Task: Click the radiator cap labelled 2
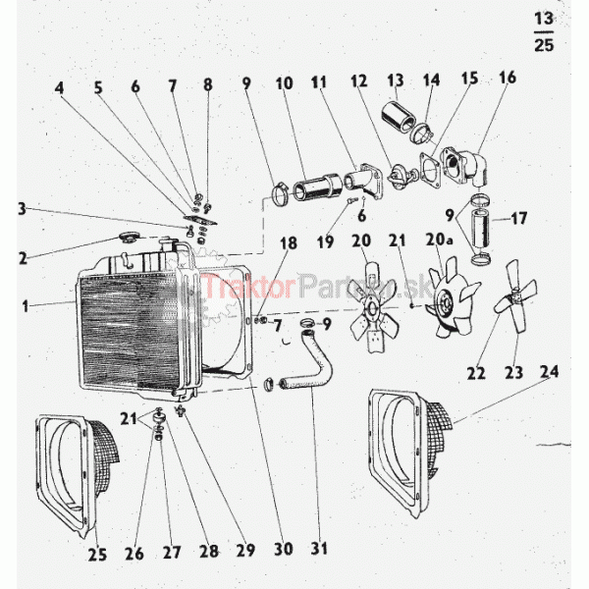click(128, 237)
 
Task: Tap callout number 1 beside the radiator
click(26, 306)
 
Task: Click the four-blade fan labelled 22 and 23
click(515, 296)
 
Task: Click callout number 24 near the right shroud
click(549, 371)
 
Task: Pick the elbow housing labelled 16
click(466, 166)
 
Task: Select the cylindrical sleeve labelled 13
click(399, 116)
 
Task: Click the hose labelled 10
click(317, 187)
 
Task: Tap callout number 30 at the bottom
click(284, 549)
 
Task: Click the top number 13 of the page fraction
click(544, 19)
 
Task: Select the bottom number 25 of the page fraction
click(544, 45)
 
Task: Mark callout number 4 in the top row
click(59, 88)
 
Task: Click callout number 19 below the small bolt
click(325, 242)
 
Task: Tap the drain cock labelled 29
click(182, 411)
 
